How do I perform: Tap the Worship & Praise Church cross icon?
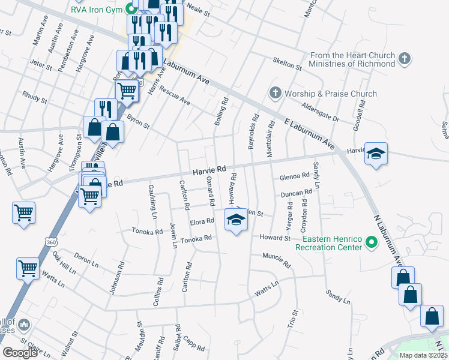pos(276,93)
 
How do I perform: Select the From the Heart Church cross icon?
pos(405,59)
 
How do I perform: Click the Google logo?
pos(20,353)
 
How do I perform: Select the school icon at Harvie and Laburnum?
pos(376,154)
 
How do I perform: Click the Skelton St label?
pos(287,63)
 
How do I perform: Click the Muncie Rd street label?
pos(276,260)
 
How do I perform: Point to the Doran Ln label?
pos(86,262)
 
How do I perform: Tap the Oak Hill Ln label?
pos(64,264)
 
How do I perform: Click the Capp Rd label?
pos(195,343)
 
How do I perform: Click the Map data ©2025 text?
pos(423,355)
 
